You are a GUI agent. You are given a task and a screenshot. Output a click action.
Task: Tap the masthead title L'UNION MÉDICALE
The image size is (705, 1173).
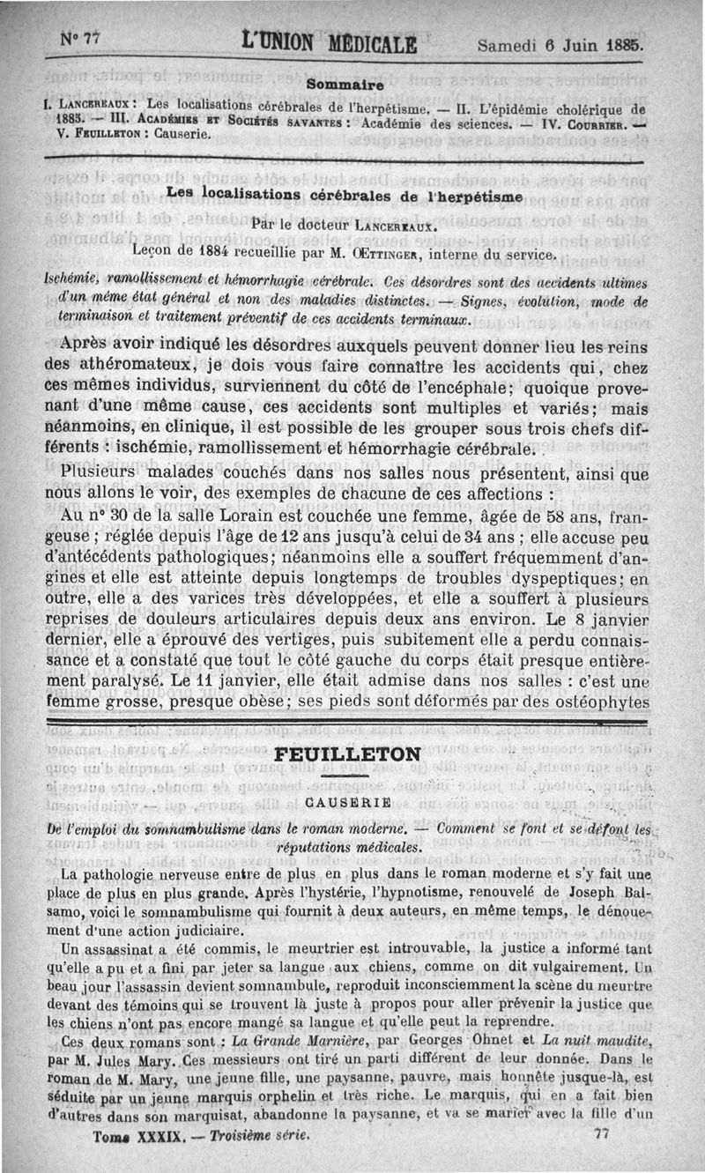[329, 41]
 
